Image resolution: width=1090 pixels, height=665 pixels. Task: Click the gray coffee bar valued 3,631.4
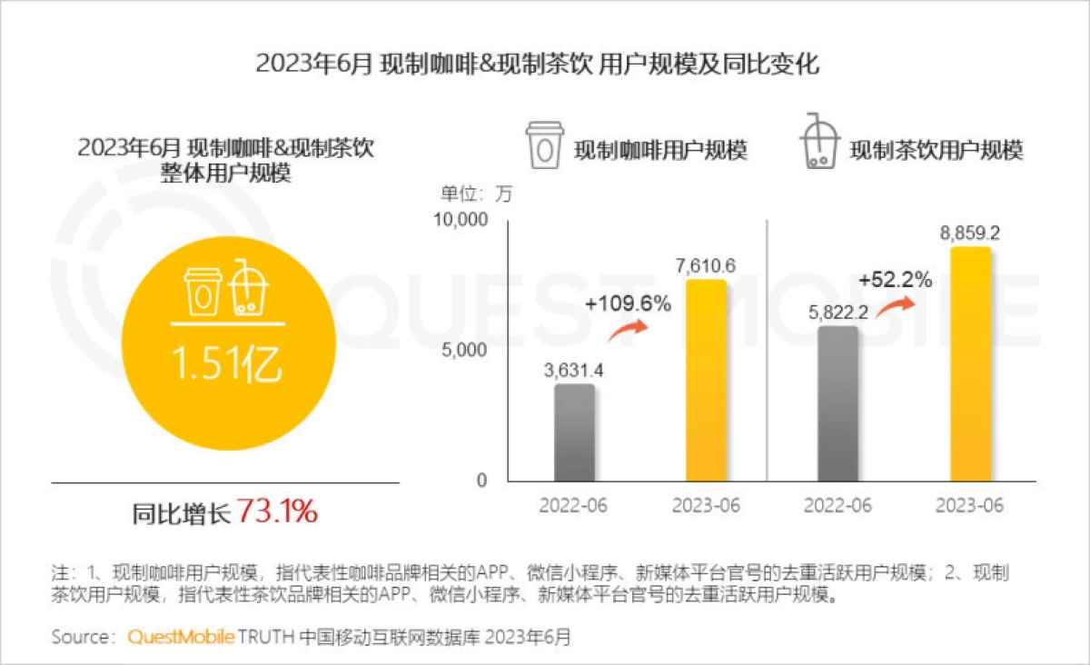click(574, 432)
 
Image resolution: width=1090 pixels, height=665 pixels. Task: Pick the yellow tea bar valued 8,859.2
click(969, 363)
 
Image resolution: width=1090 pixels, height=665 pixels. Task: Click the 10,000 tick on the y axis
click(464, 220)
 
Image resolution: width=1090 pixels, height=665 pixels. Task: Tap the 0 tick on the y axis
click(483, 480)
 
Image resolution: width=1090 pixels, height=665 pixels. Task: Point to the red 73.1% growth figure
click(277, 512)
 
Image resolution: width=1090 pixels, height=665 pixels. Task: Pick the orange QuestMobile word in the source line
click(181, 637)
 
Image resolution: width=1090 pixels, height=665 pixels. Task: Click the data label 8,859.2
click(970, 233)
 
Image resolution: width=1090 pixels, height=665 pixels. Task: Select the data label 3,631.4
click(574, 371)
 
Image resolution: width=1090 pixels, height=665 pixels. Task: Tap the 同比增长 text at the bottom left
click(182, 514)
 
